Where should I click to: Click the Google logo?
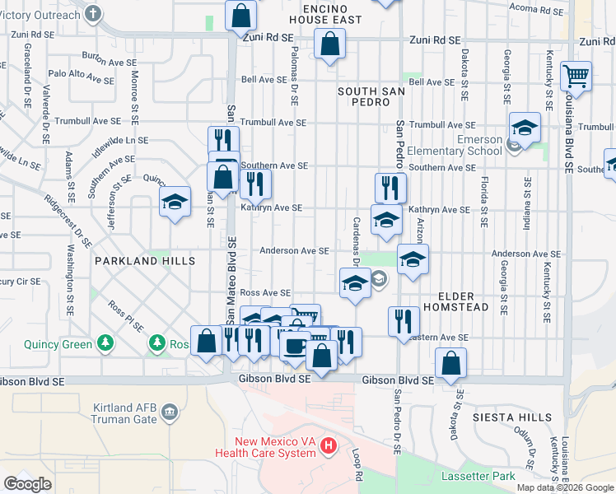click(x=28, y=484)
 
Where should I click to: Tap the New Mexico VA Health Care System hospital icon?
click(x=329, y=446)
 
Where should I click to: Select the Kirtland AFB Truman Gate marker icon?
click(x=170, y=411)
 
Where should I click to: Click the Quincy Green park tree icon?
click(x=105, y=342)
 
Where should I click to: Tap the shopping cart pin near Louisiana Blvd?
click(x=576, y=77)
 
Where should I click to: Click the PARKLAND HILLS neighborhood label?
click(x=145, y=261)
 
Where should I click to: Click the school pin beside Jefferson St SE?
click(x=175, y=203)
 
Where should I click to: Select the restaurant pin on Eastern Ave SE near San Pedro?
click(x=403, y=321)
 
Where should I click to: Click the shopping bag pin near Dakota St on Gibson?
click(x=451, y=362)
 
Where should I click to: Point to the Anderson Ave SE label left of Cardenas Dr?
click(x=295, y=251)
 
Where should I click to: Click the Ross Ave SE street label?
click(x=265, y=293)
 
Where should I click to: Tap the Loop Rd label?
click(x=358, y=466)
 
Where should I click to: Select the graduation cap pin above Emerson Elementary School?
click(x=525, y=128)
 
